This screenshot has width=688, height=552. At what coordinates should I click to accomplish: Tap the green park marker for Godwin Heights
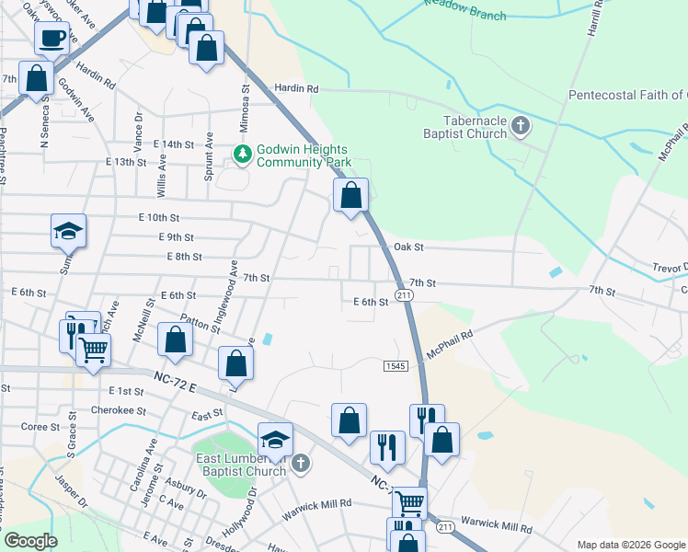click(x=243, y=154)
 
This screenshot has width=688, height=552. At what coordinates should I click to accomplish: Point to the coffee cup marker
click(x=52, y=39)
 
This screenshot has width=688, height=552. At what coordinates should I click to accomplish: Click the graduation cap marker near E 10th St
click(x=69, y=231)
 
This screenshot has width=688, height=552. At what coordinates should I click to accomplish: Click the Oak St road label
click(x=407, y=247)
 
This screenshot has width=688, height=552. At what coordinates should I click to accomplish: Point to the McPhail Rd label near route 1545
click(x=449, y=346)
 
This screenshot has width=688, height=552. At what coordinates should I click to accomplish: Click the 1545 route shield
click(x=396, y=366)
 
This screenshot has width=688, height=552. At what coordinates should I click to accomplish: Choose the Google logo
click(x=29, y=541)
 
